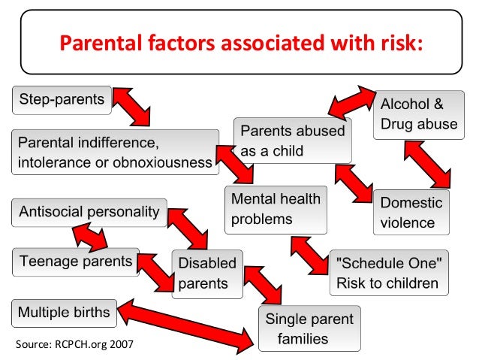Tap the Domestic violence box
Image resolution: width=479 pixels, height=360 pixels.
411,213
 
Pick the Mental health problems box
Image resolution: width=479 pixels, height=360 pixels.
276,209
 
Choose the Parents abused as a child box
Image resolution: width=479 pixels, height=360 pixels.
292,141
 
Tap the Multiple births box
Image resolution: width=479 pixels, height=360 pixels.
64,311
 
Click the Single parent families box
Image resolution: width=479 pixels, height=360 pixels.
309,328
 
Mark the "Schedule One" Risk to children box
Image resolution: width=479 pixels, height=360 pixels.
388,273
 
